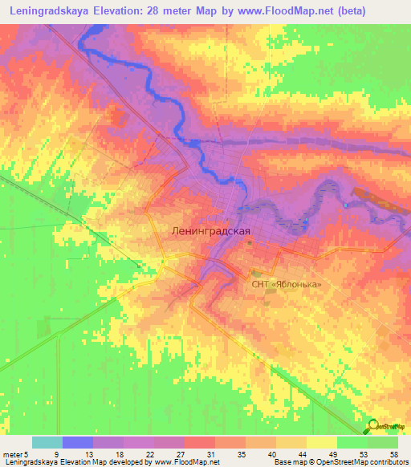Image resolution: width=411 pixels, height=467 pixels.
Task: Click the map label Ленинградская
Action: (211, 230)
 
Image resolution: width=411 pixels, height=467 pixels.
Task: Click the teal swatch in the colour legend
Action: (47, 443)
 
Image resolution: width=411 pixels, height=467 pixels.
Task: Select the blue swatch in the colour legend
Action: (77, 443)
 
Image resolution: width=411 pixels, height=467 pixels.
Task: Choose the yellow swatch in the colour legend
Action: (321, 443)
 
